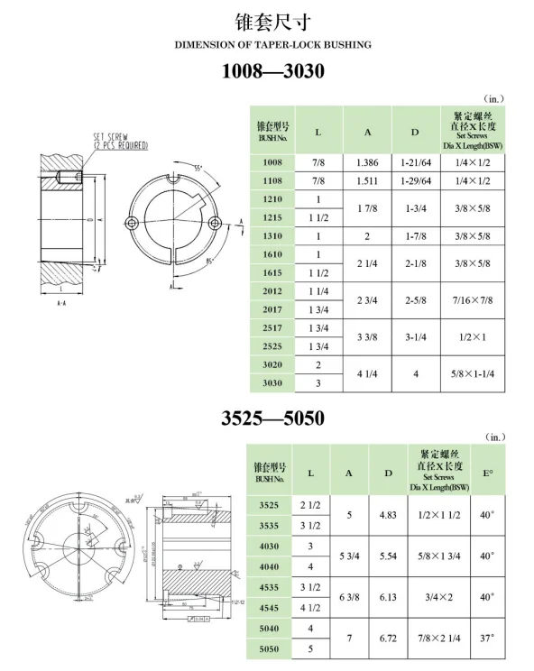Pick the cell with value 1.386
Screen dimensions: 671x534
(367, 161)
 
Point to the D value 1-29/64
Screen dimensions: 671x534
(416, 180)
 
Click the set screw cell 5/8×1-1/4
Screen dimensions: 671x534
(473, 372)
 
